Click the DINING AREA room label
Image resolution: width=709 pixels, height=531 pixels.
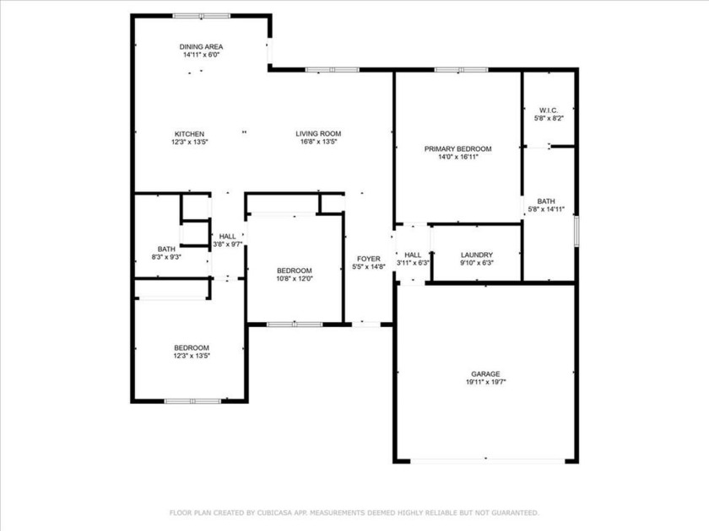[x=201, y=46]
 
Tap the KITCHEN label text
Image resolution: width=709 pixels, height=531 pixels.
[x=189, y=134]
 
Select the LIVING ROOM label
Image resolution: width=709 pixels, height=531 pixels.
[x=318, y=134]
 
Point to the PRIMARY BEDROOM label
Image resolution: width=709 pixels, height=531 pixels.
[x=457, y=149]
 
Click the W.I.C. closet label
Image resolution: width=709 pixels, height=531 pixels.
[x=549, y=110]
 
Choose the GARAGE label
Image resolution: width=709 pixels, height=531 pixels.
[x=485, y=374]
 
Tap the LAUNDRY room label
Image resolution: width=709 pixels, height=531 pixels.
[x=477, y=255]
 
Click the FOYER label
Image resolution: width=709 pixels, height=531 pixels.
[x=369, y=259]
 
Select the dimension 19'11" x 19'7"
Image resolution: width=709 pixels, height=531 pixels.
[x=485, y=382]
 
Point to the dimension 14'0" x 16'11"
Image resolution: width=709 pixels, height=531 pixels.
[x=457, y=157]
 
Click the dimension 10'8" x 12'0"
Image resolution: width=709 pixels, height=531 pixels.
[x=295, y=279]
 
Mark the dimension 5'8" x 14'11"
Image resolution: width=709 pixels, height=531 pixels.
[x=546, y=209]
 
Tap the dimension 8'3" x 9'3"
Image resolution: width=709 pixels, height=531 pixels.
[x=166, y=257]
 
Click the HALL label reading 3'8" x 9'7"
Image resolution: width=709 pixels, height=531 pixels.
[x=227, y=236]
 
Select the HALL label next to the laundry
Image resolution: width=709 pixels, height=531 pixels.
[x=413, y=255]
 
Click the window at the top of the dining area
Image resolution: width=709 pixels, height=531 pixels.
[x=202, y=16]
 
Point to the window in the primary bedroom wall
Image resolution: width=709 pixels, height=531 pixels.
[x=461, y=70]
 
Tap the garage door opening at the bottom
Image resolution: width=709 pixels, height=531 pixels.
[x=488, y=460]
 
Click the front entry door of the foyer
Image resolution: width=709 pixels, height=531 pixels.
[x=366, y=324]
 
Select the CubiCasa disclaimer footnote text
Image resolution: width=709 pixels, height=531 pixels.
[x=354, y=513]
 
